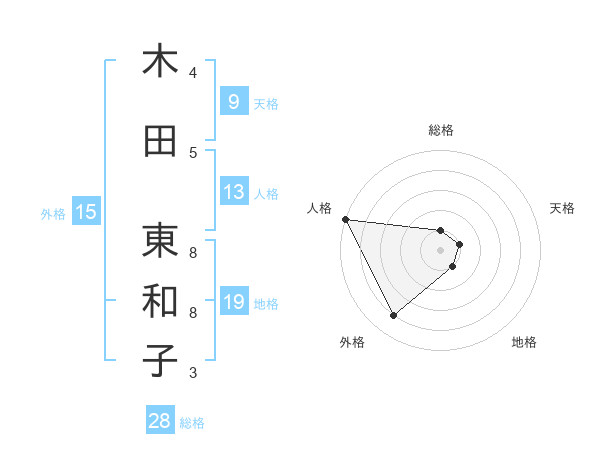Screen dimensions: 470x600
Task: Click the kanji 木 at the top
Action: tap(160, 61)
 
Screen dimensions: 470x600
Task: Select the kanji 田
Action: tap(160, 141)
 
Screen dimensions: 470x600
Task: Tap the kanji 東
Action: tap(160, 240)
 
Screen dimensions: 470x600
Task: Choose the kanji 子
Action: tap(160, 361)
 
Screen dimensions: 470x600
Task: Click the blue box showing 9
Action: tap(233, 101)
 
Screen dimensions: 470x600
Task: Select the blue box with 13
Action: tap(233, 192)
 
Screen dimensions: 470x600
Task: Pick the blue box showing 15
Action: tap(85, 211)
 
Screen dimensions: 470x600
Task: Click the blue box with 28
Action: tap(160, 421)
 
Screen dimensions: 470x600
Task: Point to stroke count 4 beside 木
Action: tap(193, 73)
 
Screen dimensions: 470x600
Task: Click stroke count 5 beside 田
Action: tap(193, 153)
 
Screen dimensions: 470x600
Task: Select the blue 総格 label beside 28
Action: tap(192, 423)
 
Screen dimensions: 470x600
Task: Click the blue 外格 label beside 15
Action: tap(52, 213)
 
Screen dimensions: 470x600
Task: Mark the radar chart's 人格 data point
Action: tap(345, 218)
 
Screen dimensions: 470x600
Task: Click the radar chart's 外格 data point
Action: tap(393, 316)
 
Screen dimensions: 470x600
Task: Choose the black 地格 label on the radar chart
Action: tap(524, 342)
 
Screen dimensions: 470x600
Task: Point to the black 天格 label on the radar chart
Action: tap(562, 208)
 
